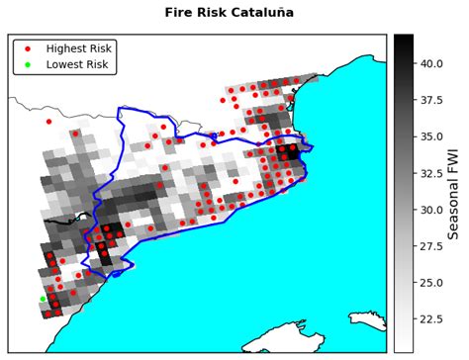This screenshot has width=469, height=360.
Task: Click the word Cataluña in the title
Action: (289, 13)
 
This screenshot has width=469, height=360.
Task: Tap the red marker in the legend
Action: (27, 47)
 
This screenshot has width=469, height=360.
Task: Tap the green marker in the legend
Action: (27, 64)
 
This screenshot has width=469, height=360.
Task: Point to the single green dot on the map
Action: (43, 299)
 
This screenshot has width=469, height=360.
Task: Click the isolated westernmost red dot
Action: (48, 122)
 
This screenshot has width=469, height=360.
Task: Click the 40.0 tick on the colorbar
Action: (431, 62)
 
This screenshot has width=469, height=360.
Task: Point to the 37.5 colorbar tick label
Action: (431, 100)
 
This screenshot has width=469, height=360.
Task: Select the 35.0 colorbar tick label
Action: (431, 136)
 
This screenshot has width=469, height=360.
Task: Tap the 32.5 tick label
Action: (431, 173)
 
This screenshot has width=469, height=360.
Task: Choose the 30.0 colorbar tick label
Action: (431, 210)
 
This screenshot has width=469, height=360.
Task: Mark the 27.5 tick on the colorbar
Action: (431, 246)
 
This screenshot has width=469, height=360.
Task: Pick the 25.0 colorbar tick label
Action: (431, 283)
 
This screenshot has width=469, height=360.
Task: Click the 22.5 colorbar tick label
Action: (431, 319)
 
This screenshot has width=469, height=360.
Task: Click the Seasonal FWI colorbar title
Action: (456, 193)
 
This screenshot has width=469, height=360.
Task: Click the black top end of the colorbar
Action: (403, 40)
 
